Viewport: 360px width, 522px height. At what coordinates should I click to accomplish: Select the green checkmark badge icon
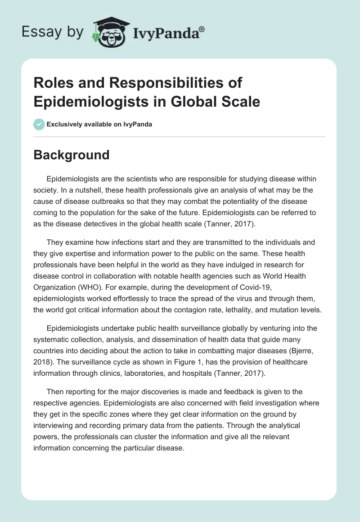(39, 124)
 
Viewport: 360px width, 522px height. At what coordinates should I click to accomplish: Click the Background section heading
(72, 155)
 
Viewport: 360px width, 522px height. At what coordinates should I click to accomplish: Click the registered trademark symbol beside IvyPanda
(202, 29)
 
